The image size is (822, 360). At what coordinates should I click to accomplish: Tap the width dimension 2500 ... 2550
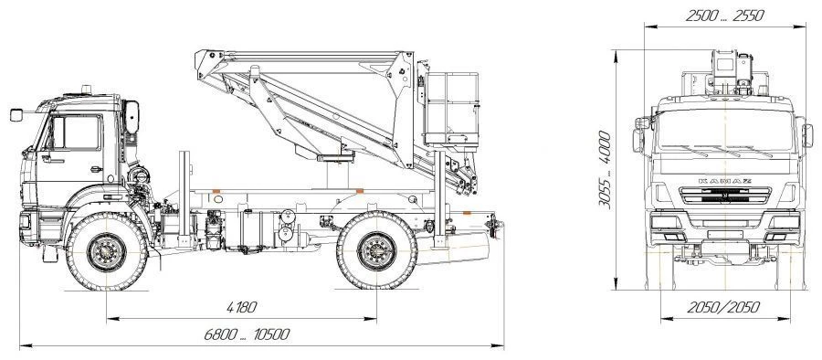[x=724, y=16]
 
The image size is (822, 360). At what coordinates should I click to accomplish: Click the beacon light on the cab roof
[x=87, y=88]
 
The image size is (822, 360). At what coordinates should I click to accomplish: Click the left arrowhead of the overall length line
[x=23, y=346]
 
